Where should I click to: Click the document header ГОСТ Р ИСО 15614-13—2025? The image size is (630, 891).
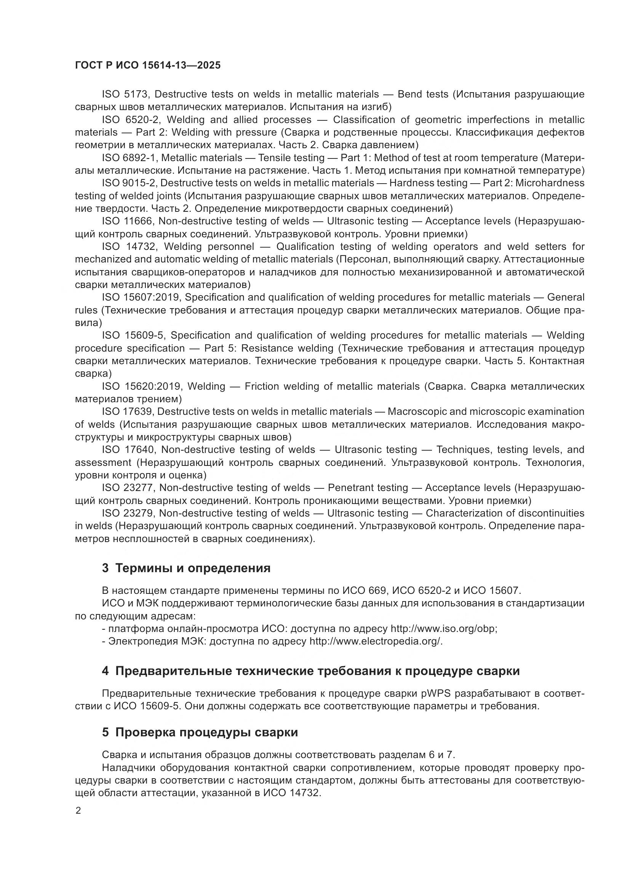[x=147, y=66]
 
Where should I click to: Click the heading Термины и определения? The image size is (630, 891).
[x=193, y=568]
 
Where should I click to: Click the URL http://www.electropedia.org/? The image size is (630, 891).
[x=376, y=641]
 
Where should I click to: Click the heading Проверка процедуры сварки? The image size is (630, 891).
[x=206, y=732]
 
